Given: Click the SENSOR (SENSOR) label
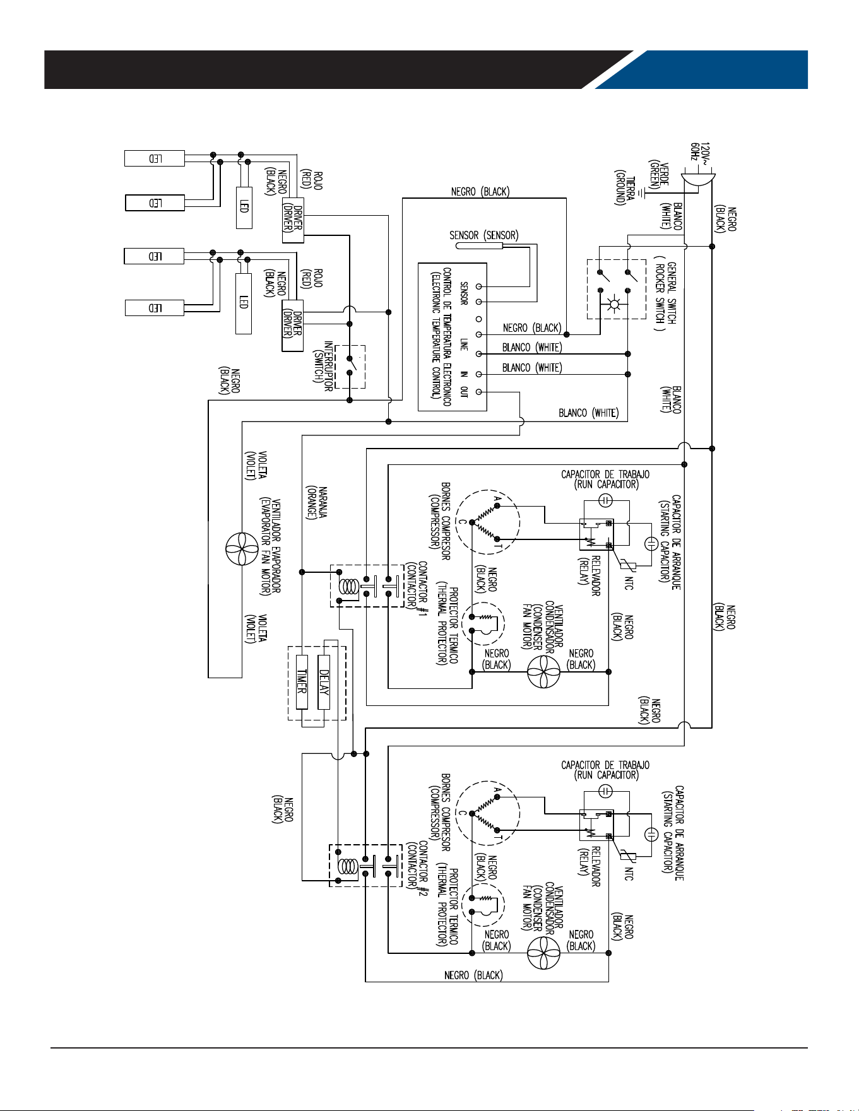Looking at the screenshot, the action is coord(484,235).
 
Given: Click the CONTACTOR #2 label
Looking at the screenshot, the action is coord(417,865).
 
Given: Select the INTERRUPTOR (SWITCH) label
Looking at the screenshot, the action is coord(323,367).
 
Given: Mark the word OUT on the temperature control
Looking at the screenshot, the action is coord(464,392).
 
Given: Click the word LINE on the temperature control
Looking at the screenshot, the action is coord(464,344).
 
